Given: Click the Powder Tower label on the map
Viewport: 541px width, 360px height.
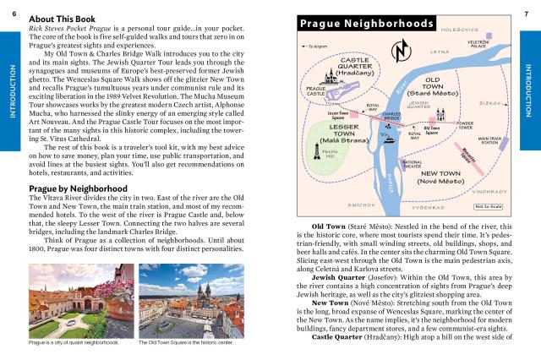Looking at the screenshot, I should (465, 125).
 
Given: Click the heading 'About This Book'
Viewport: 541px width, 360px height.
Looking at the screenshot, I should (62, 18).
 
